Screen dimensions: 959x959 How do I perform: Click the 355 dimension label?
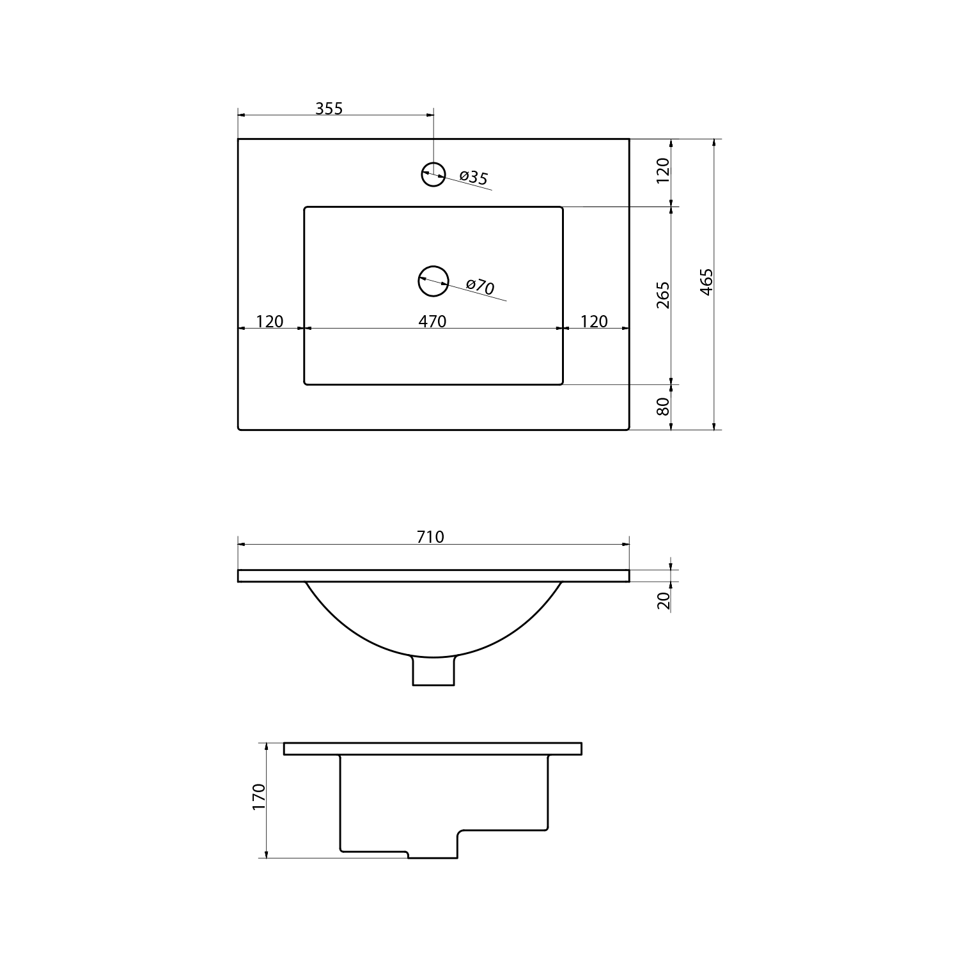pos(329,109)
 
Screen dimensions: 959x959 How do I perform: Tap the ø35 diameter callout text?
pos(474,177)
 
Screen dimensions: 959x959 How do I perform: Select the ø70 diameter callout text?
pos(480,286)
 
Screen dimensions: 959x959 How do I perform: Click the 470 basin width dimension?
pos(433,321)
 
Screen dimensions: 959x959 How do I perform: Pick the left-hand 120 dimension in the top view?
pos(269,321)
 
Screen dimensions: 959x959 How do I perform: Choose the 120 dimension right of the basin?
pos(594,321)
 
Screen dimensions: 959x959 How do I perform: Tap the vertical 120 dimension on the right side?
pos(663,171)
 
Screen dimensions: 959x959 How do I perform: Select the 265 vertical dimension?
pos(663,295)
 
